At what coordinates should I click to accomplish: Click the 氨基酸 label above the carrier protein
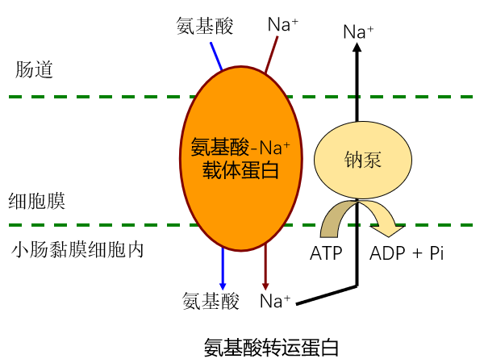(x=205, y=26)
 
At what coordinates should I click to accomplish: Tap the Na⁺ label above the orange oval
(x=282, y=25)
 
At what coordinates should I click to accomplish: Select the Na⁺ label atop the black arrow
(x=358, y=32)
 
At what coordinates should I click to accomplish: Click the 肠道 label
(x=34, y=69)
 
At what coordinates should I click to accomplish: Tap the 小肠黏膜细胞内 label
(x=77, y=249)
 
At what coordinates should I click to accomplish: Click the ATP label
(x=326, y=253)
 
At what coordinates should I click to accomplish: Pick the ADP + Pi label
(x=407, y=253)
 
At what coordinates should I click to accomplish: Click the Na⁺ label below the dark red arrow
(x=275, y=302)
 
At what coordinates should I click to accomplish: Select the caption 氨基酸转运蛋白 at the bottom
(x=270, y=347)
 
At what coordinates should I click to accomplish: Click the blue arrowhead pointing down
(x=223, y=283)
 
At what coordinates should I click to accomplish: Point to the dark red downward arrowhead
(x=265, y=283)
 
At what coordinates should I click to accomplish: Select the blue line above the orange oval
(x=217, y=56)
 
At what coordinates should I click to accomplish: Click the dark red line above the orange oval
(x=269, y=56)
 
